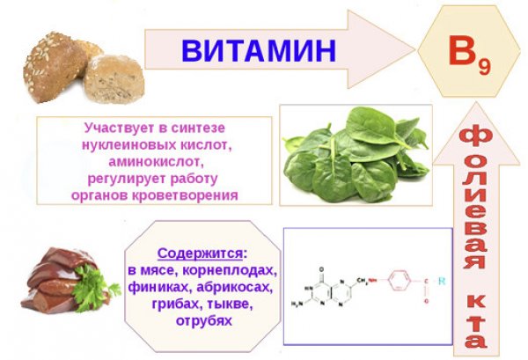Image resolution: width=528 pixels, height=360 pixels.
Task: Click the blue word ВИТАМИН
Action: pos(259,50)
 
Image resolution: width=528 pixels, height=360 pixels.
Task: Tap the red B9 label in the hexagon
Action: pos(469,55)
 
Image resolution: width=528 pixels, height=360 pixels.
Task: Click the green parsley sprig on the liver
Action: pos(93,287)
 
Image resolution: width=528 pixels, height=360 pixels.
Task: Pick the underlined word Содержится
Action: pos(200,253)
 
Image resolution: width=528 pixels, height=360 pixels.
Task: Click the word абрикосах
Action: pos(234,287)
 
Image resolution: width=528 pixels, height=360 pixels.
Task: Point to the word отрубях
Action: pos(204,320)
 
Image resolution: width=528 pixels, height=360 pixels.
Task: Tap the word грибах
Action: pos(175,304)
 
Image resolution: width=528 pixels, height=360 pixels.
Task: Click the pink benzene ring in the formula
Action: pos(400,280)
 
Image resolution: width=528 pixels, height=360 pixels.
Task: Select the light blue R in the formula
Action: pos(442,281)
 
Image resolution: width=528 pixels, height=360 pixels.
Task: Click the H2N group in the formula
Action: pos(297,304)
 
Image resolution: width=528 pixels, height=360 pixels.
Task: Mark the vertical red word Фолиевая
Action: pos(475,199)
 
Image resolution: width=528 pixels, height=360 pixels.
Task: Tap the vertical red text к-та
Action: pos(476,321)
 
